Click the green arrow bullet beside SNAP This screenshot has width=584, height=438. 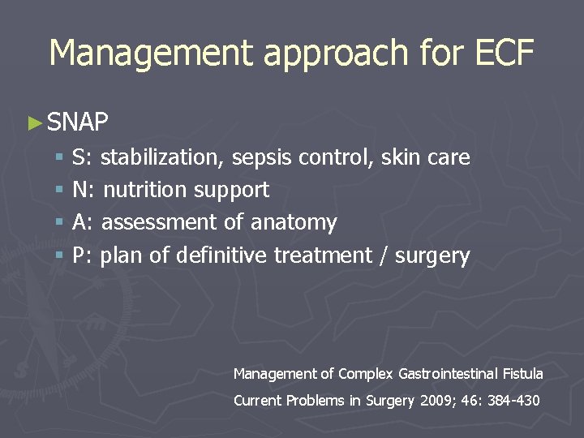coord(34,123)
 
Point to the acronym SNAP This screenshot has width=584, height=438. coord(78,122)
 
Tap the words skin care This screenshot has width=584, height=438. coord(426,157)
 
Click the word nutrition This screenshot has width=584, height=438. coord(145,190)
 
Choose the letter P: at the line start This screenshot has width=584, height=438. coord(82,255)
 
